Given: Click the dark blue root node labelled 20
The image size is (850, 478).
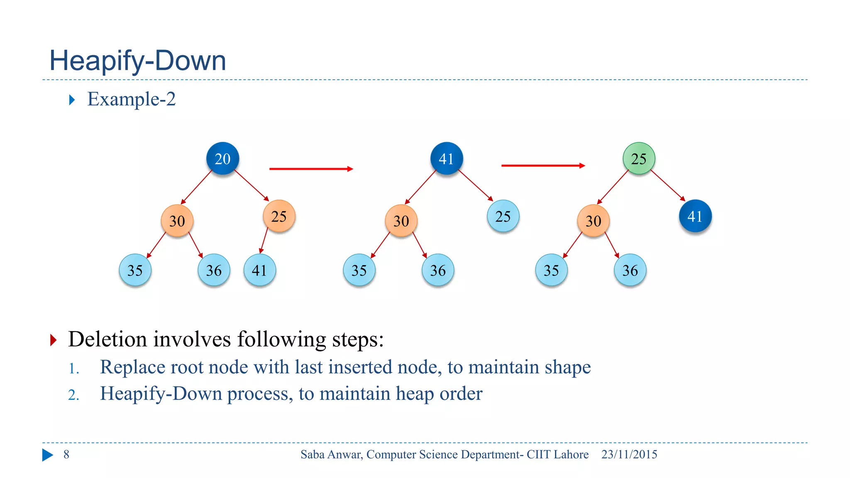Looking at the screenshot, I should (222, 159).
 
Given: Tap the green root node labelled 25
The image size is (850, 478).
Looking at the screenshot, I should (639, 159).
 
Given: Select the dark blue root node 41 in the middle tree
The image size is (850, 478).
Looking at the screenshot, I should (447, 159).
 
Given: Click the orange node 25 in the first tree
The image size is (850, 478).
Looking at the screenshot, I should (279, 216).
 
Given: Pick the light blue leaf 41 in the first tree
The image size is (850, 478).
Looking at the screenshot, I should (259, 270).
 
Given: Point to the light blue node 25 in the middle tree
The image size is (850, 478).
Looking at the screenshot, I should (503, 216).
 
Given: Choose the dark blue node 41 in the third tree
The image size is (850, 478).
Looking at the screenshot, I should (695, 216).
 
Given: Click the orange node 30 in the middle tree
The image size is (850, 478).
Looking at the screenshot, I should (401, 221).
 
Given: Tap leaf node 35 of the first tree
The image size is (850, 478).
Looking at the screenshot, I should (135, 270).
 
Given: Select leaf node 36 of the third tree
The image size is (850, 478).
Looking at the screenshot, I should (630, 270).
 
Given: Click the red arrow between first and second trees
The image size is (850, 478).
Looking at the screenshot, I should (311, 169).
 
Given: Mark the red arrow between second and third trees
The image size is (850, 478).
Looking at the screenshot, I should (543, 166).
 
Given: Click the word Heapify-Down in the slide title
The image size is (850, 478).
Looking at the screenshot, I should (137, 61).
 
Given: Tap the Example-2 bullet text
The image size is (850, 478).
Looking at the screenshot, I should (131, 99).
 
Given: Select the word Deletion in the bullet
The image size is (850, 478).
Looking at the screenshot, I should (107, 339).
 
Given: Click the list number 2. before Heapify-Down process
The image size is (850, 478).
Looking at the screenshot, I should (73, 395).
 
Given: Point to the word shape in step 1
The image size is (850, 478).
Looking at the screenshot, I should (567, 367).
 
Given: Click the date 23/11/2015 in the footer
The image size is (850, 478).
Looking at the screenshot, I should (629, 454).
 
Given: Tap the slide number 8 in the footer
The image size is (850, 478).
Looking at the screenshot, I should (66, 454).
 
